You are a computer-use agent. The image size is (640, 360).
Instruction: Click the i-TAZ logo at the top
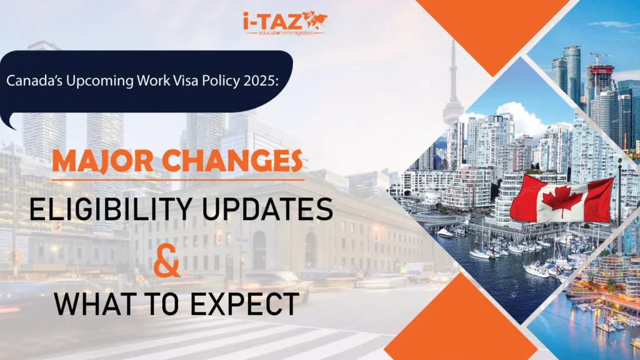tap(284, 23)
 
